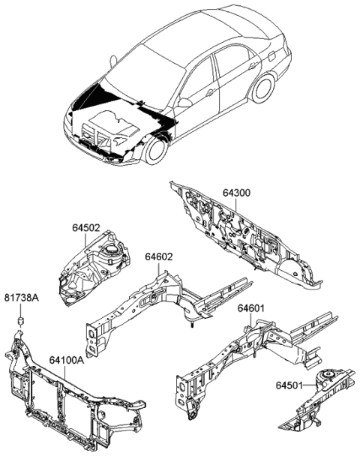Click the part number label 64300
tap(235, 193)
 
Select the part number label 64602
tap(159, 257)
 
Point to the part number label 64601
tap(252, 308)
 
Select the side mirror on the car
tap(184, 102)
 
